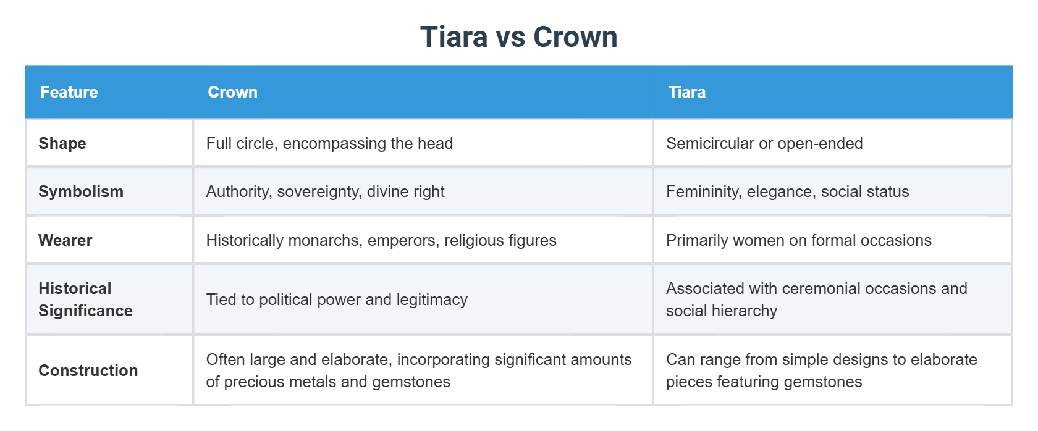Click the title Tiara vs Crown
tap(518, 37)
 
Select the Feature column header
tap(69, 92)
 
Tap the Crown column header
tap(232, 92)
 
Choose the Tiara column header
tap(686, 92)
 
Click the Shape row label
tap(62, 143)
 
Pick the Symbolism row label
tap(81, 191)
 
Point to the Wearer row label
tap(65, 240)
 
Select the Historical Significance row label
tap(85, 299)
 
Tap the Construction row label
tap(88, 370)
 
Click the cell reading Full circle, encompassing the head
tap(329, 143)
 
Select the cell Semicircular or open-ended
tap(764, 143)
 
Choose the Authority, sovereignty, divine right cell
tap(325, 191)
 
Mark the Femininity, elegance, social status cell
tap(787, 191)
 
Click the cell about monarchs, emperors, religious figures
tap(381, 240)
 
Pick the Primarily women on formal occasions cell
tap(798, 240)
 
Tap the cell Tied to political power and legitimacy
tap(337, 299)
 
